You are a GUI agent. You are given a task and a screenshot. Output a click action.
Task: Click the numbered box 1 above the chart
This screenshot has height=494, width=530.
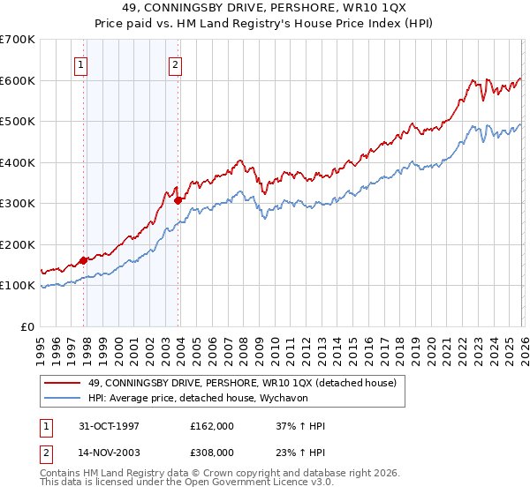(x=80, y=64)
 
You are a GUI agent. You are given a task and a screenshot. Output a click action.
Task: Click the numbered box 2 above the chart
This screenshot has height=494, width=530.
(x=175, y=64)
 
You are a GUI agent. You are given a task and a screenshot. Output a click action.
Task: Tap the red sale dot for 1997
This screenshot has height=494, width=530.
(x=84, y=260)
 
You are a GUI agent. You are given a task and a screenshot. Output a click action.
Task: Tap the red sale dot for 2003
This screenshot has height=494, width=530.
(x=178, y=200)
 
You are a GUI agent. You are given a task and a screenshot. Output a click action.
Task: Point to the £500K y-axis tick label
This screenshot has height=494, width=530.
(x=18, y=122)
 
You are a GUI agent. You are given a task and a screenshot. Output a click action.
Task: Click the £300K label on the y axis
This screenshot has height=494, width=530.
(x=18, y=204)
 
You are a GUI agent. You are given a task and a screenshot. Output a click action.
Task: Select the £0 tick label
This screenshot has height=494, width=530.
(x=26, y=326)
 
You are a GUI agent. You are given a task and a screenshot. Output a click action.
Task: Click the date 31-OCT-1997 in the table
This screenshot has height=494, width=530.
(x=109, y=426)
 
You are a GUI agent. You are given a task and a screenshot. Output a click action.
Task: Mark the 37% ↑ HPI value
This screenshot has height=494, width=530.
(x=301, y=426)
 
